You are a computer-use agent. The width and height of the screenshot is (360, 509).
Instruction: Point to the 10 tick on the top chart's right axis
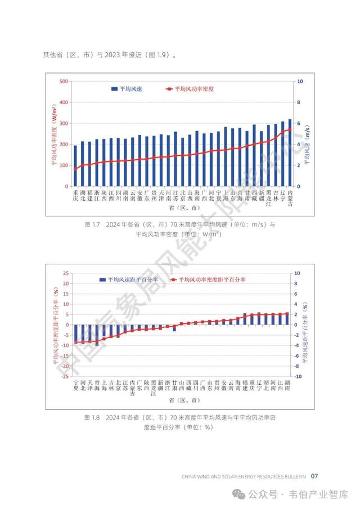tap(300, 81)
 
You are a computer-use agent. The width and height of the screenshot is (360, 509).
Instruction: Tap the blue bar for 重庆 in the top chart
tap(75, 166)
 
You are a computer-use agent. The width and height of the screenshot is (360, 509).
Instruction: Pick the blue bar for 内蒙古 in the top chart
tap(290, 152)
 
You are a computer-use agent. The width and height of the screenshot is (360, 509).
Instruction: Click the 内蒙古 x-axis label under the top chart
tap(290, 199)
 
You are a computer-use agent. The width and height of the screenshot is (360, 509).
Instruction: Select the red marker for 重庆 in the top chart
tap(75, 169)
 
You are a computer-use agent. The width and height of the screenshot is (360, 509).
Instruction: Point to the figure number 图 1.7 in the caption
tap(92, 224)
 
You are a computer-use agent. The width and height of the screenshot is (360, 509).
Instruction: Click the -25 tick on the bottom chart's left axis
tap(65, 376)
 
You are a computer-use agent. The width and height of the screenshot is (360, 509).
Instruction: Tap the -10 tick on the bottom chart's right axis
tap(299, 376)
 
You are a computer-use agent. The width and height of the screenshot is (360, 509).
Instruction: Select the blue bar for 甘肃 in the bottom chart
tap(174, 328)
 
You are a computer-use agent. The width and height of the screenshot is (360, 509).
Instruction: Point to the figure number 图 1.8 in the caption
tap(92, 417)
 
